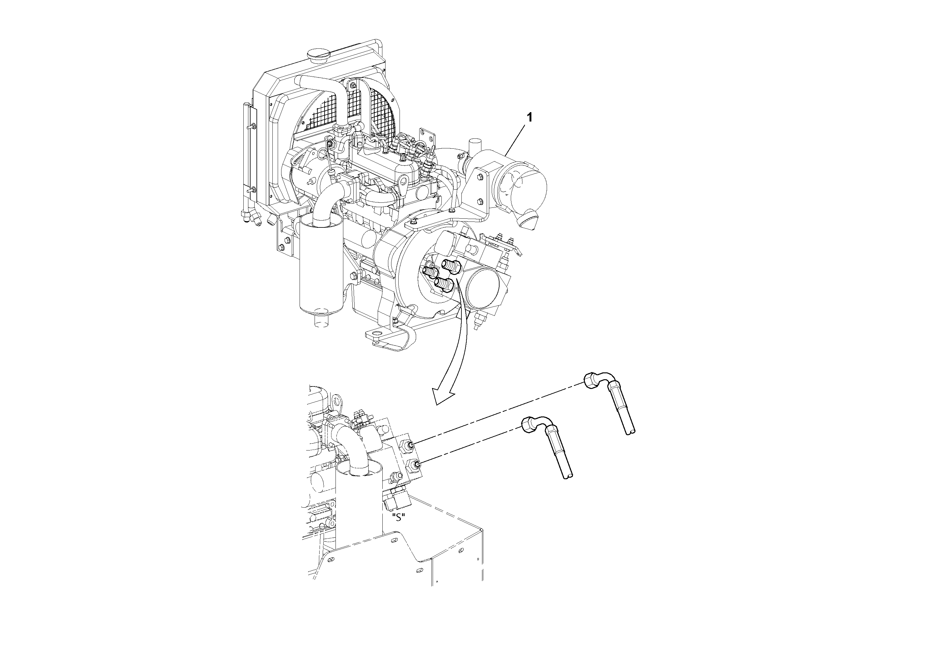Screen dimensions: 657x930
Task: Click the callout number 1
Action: click(x=529, y=117)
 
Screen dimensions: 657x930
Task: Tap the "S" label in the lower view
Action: click(x=399, y=518)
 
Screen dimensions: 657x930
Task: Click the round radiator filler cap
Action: click(x=316, y=53)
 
